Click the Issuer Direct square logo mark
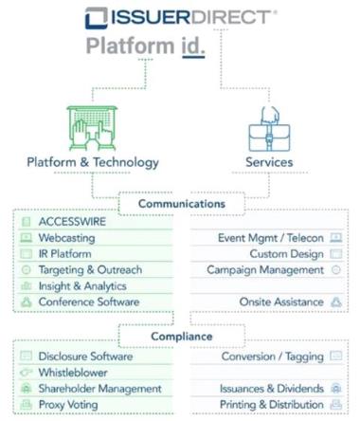(x=97, y=18)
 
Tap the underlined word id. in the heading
(x=193, y=46)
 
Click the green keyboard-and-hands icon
(x=92, y=128)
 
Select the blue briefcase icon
(x=269, y=129)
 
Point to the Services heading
(x=269, y=162)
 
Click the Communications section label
(x=182, y=204)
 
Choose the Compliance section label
(x=182, y=337)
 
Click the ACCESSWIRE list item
(x=72, y=222)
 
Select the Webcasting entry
(x=66, y=238)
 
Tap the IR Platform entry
(x=64, y=254)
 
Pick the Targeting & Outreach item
(x=90, y=270)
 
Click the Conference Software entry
(x=89, y=302)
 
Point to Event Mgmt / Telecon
(x=271, y=238)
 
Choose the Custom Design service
(x=287, y=254)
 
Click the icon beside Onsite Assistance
(x=336, y=302)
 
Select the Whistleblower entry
(x=73, y=373)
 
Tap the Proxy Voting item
(x=68, y=405)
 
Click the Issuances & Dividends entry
(x=272, y=389)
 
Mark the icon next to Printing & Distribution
(x=336, y=405)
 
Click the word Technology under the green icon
(x=126, y=162)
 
